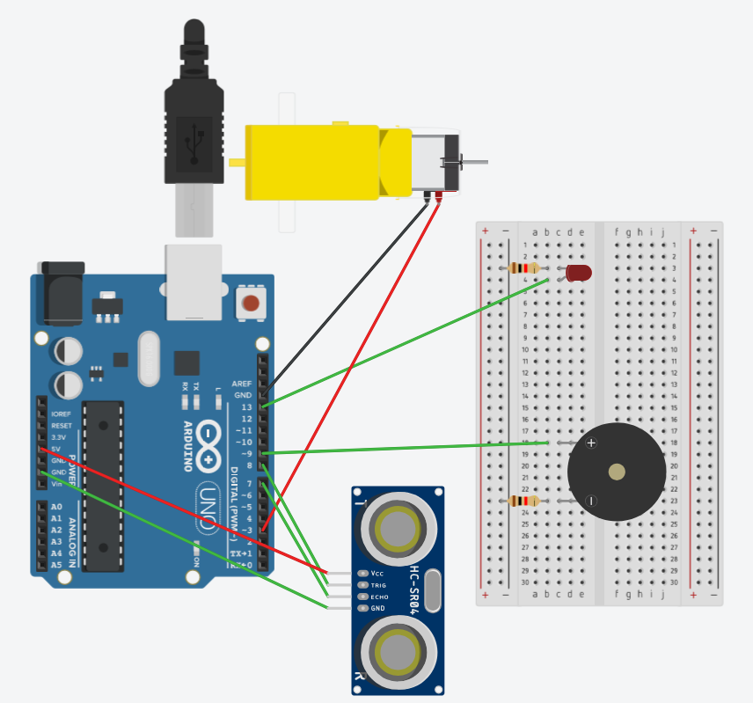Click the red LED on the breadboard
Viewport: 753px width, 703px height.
tap(579, 273)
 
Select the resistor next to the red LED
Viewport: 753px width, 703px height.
tap(525, 268)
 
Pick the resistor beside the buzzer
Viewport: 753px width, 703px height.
tap(524, 502)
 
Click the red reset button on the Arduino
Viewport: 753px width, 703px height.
tap(251, 304)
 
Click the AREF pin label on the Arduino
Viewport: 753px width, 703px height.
tap(241, 384)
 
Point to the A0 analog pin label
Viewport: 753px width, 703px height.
tap(57, 508)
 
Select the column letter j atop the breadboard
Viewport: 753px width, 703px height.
tap(650, 233)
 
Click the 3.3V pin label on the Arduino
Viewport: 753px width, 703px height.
tap(58, 437)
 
